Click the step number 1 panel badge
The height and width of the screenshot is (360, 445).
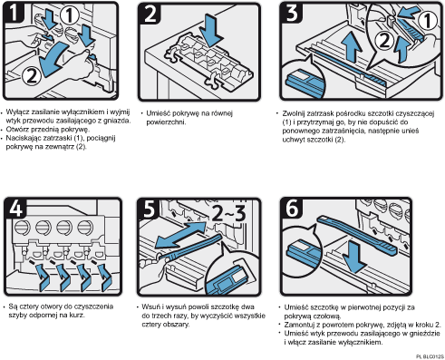click(14, 13)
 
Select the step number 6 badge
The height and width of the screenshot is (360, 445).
click(292, 208)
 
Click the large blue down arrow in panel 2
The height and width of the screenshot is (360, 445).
click(211, 30)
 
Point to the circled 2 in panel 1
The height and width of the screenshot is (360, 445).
click(32, 75)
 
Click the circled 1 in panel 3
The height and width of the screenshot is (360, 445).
click(427, 21)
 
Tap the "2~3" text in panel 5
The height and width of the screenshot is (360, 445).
click(228, 213)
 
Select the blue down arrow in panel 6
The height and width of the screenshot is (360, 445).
click(354, 258)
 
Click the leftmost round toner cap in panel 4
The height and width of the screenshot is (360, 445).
click(23, 227)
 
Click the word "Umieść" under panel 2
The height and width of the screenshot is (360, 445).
click(158, 113)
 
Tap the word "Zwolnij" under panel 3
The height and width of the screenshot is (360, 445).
click(293, 113)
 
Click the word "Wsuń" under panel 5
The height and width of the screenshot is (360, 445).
click(150, 306)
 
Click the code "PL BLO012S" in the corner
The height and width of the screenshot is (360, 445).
click(430, 357)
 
